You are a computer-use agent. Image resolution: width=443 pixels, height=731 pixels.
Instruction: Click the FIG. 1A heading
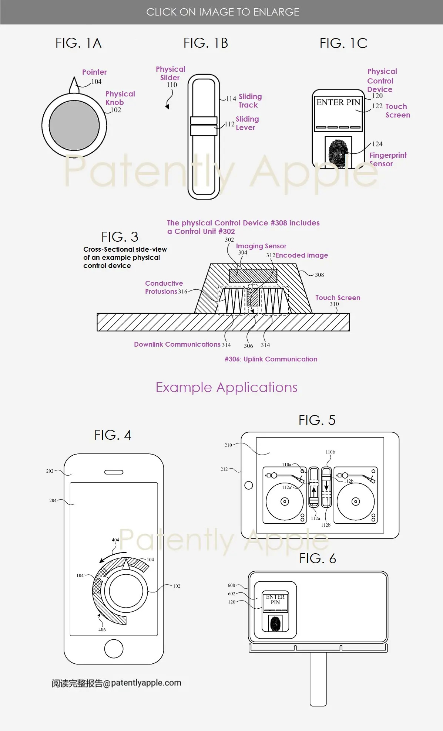pos(78,43)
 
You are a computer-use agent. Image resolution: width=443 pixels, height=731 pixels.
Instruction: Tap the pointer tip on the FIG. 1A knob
pos(74,78)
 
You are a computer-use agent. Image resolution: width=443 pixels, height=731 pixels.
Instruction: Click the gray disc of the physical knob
pos(74,126)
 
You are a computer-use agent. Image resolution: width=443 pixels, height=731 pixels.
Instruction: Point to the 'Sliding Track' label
pos(250,101)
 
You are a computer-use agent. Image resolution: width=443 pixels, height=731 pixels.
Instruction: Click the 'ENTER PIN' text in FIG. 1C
pos(338,102)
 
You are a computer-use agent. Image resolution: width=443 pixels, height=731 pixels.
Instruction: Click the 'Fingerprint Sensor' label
pos(387,159)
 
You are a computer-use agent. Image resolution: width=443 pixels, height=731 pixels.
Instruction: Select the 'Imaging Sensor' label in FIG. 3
pos(261,246)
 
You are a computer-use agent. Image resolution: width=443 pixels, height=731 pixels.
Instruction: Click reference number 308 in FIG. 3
pos(319,275)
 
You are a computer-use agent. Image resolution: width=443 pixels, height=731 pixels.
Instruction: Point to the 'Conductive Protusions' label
pos(164,287)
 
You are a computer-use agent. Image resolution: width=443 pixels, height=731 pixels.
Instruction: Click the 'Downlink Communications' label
pos(177,344)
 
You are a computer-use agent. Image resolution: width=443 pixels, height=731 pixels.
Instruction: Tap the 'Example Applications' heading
pos(226,387)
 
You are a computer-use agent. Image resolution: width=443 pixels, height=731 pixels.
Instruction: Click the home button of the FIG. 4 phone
pos(114,649)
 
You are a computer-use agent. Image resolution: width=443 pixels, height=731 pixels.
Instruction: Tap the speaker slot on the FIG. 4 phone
pos(114,472)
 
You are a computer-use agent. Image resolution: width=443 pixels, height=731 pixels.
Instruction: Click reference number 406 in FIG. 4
pos(102,630)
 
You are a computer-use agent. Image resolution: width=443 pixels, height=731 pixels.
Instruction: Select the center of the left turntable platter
pos(285,501)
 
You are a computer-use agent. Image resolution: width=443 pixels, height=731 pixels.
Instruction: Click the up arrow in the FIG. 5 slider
pos(314,492)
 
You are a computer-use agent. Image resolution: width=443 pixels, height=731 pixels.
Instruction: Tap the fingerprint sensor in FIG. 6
pos(275,623)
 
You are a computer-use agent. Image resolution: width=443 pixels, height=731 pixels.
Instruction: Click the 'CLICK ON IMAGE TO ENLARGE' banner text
pos(222,12)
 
